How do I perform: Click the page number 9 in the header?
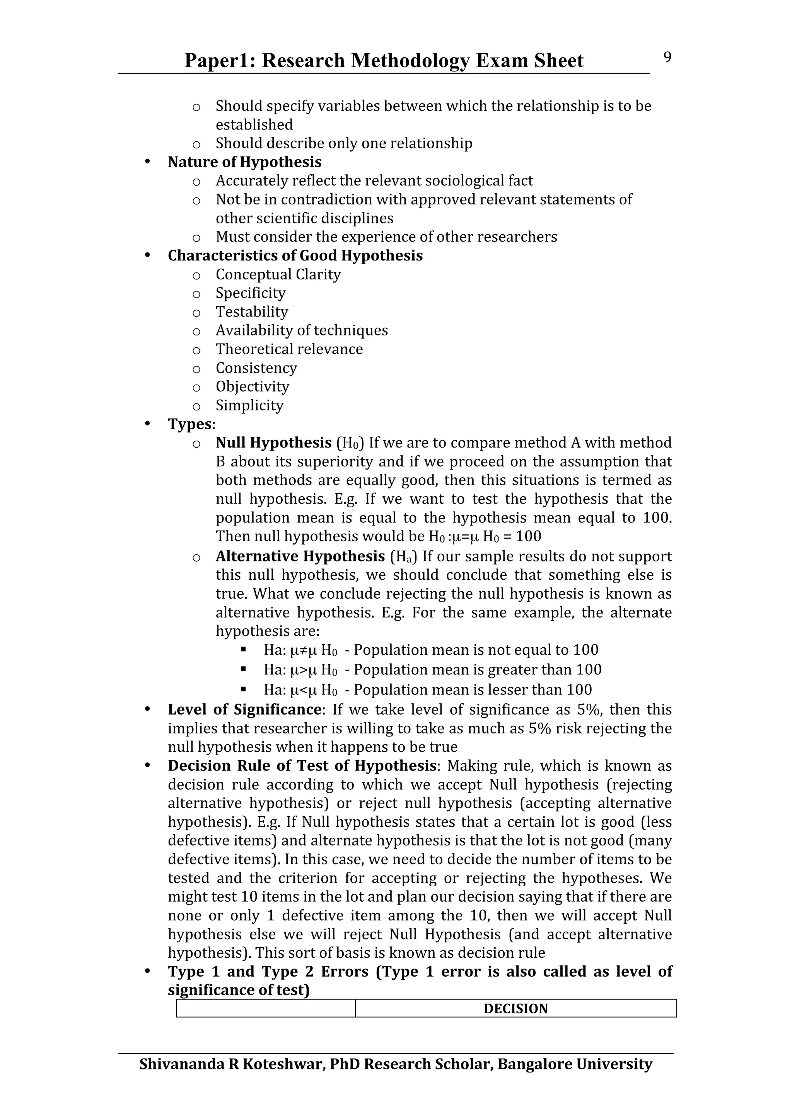click(667, 58)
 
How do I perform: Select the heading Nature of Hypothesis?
click(244, 162)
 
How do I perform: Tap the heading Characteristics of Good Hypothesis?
click(295, 255)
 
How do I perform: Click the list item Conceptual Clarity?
click(278, 275)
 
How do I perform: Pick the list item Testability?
click(252, 312)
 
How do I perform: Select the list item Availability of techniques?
click(302, 331)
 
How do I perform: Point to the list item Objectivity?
click(252, 387)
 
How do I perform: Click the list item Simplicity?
click(249, 405)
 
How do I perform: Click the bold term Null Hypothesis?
click(273, 443)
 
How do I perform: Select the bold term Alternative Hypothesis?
click(300, 556)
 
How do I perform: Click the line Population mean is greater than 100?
click(477, 670)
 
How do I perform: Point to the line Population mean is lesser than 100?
click(472, 690)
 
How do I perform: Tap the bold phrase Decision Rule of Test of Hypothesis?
click(302, 766)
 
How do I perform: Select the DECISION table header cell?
click(515, 1009)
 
